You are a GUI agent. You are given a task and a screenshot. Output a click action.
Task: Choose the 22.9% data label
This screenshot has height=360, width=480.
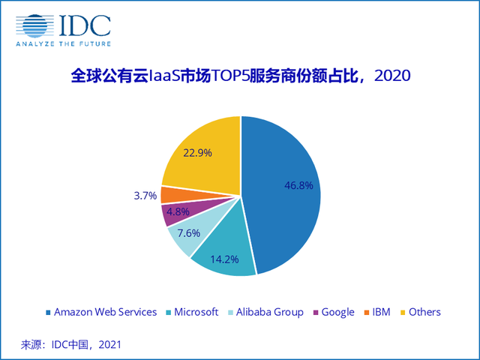pyautogui.click(x=197, y=152)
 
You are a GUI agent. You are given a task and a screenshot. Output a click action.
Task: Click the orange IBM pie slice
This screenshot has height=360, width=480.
pyautogui.click(x=171, y=194)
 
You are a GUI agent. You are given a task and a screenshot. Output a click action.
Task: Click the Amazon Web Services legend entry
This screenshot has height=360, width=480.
pyautogui.click(x=101, y=312)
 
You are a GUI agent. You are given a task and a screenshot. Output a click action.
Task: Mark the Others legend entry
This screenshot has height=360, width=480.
pyautogui.click(x=421, y=312)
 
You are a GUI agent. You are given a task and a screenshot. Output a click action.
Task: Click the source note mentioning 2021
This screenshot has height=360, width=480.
pyautogui.click(x=70, y=344)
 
